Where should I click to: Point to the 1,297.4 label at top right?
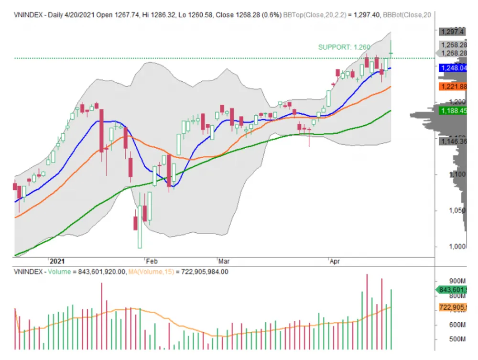[x=452, y=32]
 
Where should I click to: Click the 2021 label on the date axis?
[x=57, y=262]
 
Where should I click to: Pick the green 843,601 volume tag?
[x=454, y=289]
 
